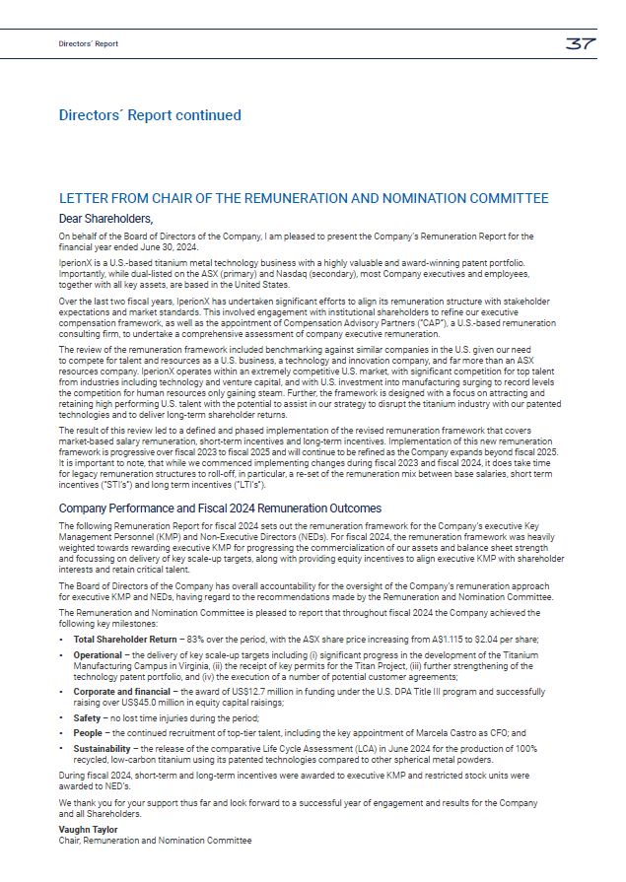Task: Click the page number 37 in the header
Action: [x=579, y=43]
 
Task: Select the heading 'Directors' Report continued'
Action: [x=150, y=115]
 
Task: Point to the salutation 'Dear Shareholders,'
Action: [x=106, y=218]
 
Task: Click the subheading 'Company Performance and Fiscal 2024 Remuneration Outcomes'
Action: [x=220, y=509]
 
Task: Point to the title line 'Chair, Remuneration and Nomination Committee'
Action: [x=155, y=841]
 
